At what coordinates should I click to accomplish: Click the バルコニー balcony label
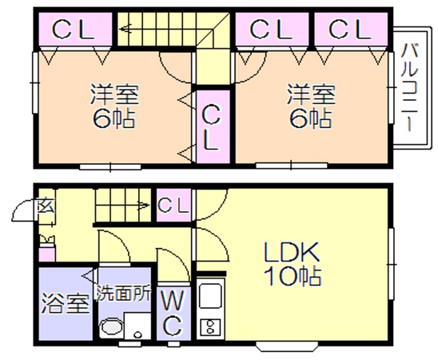409,87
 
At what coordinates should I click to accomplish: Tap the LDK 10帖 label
292,264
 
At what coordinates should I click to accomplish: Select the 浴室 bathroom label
66,304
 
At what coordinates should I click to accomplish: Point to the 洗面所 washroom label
124,293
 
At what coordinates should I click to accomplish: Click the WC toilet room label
173,313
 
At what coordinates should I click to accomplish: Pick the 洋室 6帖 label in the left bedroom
114,107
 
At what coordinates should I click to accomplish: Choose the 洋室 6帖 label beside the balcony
311,107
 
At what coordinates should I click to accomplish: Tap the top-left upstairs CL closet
75,29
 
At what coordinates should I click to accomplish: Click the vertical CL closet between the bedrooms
213,126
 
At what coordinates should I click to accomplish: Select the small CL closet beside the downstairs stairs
173,205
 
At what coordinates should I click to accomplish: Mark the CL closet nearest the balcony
351,29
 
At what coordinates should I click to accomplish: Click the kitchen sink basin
211,296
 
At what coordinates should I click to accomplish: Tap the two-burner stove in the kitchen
210,327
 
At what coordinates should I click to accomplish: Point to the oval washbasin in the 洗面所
111,326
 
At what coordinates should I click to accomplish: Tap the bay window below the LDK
287,346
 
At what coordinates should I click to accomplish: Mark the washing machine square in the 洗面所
137,326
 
